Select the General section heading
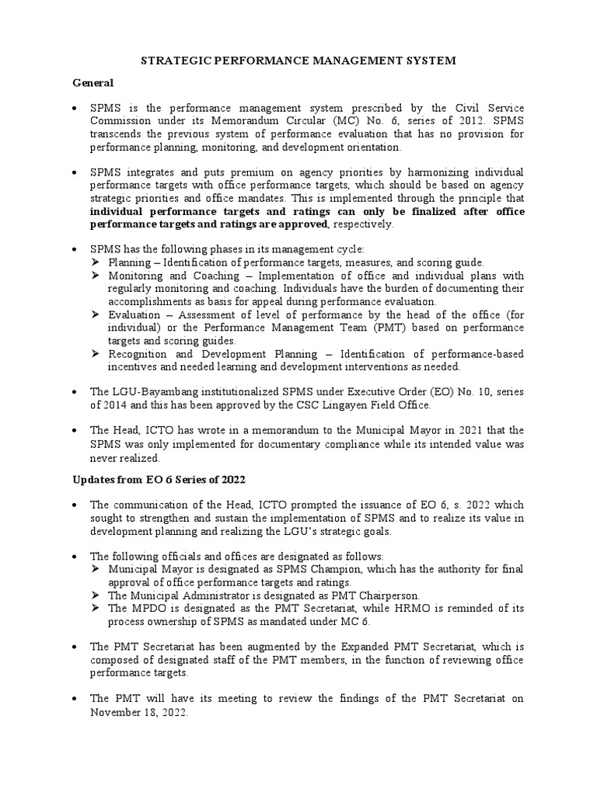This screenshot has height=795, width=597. [x=93, y=82]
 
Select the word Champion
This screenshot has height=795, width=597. [x=333, y=569]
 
